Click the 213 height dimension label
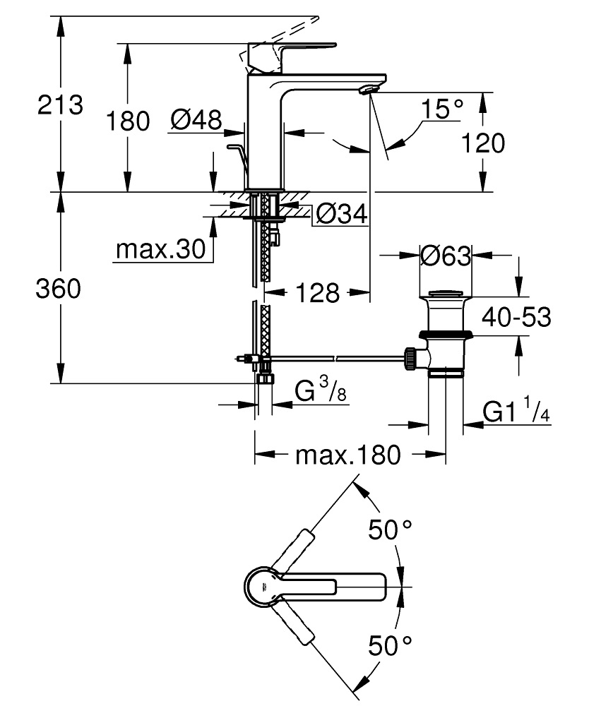[x=60, y=106]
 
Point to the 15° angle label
[x=442, y=109]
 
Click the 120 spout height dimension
[x=484, y=143]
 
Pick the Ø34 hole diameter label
[x=342, y=213]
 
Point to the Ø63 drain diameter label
[x=445, y=256]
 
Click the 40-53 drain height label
[x=516, y=318]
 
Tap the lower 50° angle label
[x=390, y=644]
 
